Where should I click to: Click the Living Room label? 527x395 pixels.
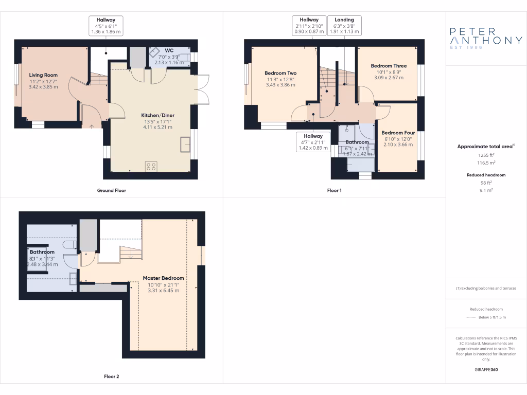point(43,75)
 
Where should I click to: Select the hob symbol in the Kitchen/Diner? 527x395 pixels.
point(151,166)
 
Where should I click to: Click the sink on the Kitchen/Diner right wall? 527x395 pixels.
point(185,145)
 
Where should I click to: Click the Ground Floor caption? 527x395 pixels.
point(112,190)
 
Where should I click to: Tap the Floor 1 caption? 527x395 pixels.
point(335,190)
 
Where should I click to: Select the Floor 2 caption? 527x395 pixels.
point(112,376)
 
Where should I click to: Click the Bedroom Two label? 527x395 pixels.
point(280,73)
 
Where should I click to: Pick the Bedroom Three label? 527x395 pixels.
point(389,66)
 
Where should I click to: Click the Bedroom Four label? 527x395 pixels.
point(395,133)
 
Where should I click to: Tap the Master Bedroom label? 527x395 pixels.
point(164,278)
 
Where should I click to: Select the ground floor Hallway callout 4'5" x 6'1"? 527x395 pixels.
point(106,25)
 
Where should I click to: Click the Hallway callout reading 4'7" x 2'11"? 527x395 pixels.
point(313,142)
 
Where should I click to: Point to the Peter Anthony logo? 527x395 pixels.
point(486,38)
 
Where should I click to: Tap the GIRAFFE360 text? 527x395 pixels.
point(486,370)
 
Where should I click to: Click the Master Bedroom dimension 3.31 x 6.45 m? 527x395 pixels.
point(164,291)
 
